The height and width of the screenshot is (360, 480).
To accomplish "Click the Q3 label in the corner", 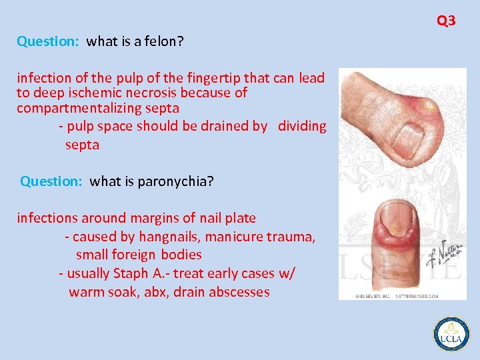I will click(446, 21).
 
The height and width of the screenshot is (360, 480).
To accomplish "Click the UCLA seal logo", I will click(451, 333).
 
